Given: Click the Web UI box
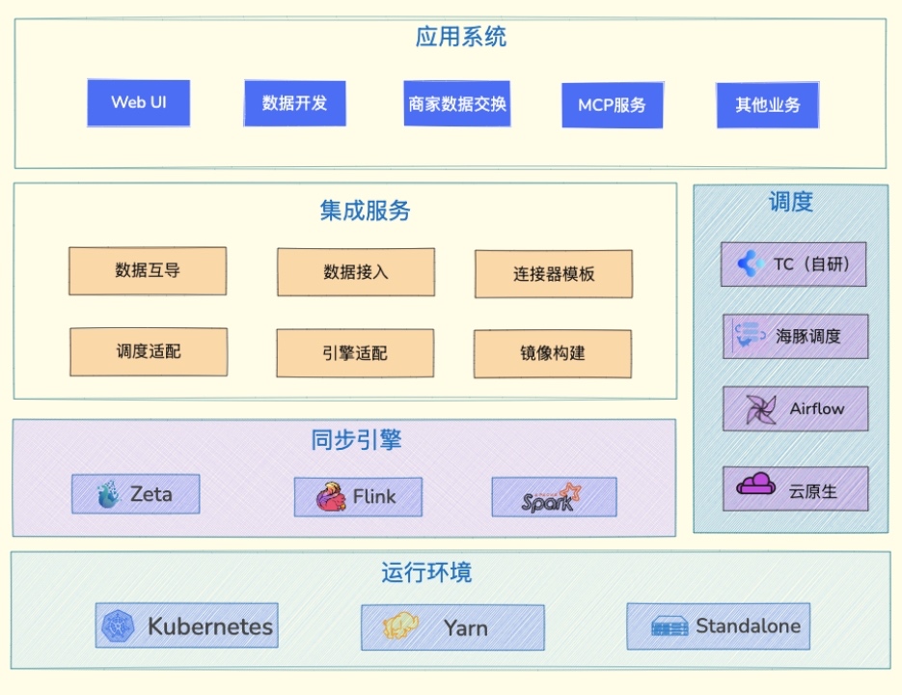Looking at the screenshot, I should tap(138, 103).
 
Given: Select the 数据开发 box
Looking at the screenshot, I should tap(294, 103).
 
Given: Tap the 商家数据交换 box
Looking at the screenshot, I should tap(456, 104).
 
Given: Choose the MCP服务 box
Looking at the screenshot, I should tap(612, 105).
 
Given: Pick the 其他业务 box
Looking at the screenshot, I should tap(767, 105).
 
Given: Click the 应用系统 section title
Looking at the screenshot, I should tap(460, 38).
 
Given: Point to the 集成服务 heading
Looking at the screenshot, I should tap(365, 210).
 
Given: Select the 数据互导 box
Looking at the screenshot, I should tap(148, 271).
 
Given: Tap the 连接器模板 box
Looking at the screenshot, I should tap(553, 274).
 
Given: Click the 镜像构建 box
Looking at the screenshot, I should tap(552, 353).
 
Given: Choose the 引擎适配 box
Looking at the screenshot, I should tap(354, 353).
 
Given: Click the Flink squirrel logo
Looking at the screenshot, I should tap(331, 497).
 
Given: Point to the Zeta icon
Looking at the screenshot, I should tap(109, 495).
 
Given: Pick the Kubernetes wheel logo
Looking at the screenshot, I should tap(121, 626).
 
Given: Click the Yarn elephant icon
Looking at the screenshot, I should tap(400, 627).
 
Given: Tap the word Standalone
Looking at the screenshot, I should tap(748, 625).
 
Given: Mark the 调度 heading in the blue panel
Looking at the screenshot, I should tap(790, 202).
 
